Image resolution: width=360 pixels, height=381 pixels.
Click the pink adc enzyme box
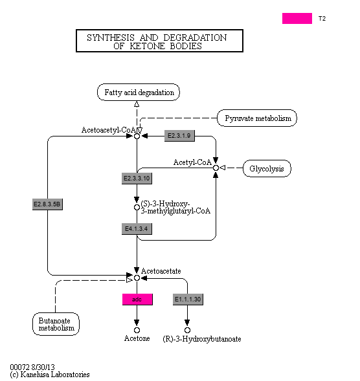137,299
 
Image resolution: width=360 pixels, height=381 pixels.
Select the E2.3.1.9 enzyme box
179,136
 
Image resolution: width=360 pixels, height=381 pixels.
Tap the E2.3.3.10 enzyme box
137,179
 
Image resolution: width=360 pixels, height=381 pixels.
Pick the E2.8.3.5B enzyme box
47,204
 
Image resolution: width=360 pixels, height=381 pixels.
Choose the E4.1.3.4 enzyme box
137,229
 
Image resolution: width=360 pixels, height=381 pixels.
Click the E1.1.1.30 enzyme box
188,299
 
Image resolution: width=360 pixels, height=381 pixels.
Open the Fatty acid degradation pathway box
139,93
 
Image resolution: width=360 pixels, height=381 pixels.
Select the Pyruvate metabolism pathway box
257,118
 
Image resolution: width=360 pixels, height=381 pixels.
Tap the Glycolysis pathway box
267,168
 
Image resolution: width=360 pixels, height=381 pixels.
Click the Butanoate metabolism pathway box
56,324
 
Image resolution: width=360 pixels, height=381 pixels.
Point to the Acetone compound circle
137,330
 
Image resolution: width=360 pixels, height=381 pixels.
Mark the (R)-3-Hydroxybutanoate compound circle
187,330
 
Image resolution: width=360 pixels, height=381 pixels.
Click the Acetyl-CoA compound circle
216,168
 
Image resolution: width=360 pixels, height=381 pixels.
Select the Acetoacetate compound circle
137,278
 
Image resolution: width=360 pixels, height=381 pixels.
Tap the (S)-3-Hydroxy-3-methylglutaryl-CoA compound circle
137,207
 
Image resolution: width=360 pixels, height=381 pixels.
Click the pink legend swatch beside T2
297,19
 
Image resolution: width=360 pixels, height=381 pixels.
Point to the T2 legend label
322,19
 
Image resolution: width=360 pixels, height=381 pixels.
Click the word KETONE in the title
147,46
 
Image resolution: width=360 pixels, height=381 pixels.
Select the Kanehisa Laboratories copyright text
50,375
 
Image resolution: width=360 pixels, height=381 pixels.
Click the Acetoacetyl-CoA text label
109,130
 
